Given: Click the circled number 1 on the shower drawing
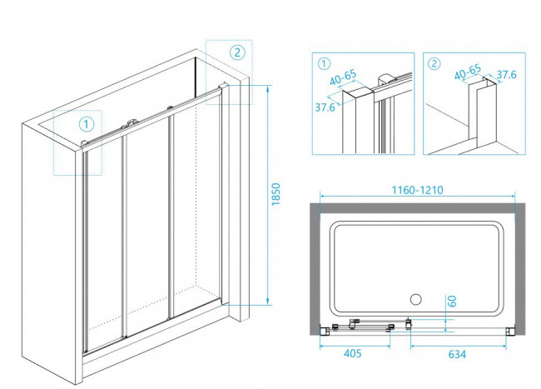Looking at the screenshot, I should tap(87, 125).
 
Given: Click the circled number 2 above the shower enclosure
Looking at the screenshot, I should tap(236, 52).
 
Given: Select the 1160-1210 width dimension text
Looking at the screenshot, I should tap(419, 189).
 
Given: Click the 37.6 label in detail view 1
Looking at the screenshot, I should tap(325, 107).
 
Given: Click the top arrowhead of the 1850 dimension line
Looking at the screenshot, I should tap(267, 86).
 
